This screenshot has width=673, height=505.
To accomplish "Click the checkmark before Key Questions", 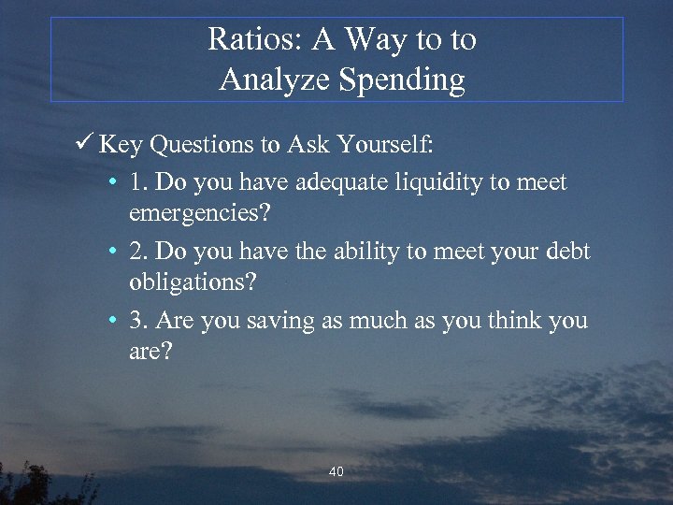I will tap(85, 145).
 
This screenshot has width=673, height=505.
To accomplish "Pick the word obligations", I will tap(193, 281).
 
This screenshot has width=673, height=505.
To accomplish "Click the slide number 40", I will tap(336, 472).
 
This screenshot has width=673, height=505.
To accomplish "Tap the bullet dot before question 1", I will tap(111, 182).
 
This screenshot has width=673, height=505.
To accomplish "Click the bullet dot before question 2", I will tap(111, 252).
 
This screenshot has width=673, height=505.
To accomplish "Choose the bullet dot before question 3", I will tap(111, 321).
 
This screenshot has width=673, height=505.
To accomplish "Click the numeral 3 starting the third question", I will tap(136, 320).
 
